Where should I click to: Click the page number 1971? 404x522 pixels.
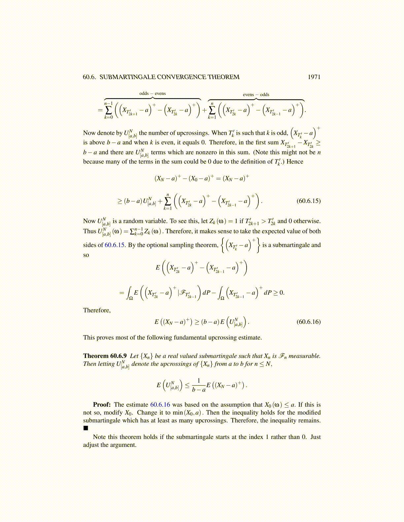[x=314, y=77]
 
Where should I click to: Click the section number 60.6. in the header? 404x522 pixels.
[x=89, y=77]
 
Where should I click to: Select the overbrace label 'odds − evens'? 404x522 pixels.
[x=152, y=94]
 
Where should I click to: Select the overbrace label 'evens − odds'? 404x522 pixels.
[x=256, y=95]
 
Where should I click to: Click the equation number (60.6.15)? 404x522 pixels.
[x=309, y=201]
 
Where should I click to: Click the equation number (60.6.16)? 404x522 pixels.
[x=309, y=322]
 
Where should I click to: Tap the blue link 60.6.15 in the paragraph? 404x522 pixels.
[x=115, y=245]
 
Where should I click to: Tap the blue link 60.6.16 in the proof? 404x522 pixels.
[x=160, y=405]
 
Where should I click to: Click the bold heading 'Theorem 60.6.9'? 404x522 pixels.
[x=105, y=356]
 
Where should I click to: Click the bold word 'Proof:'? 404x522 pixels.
[x=102, y=405]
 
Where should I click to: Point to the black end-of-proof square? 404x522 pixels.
[x=86, y=428]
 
